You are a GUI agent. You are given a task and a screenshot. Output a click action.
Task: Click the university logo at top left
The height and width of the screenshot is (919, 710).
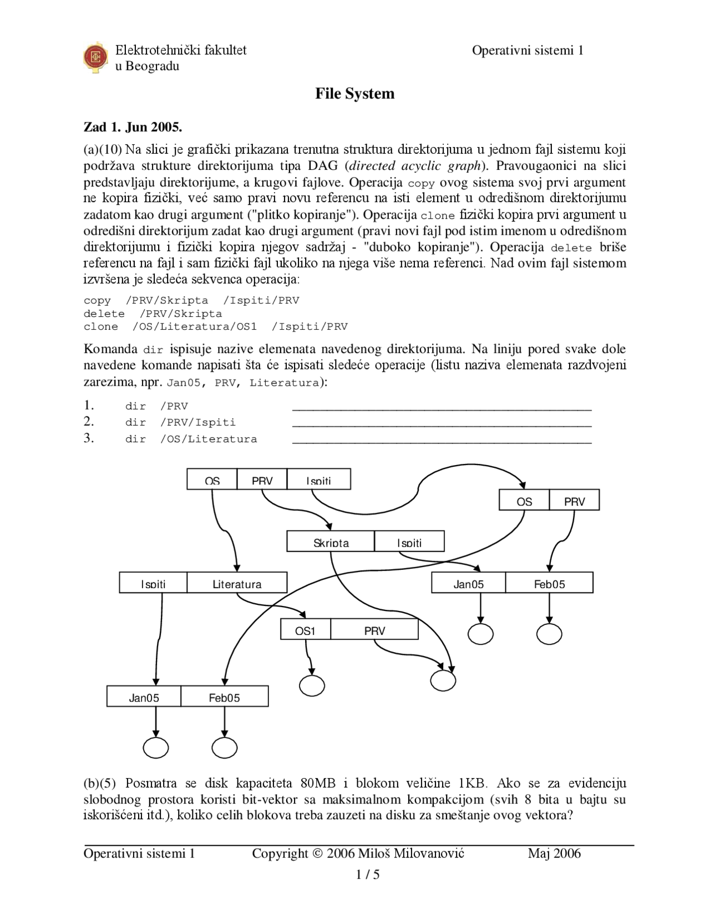click(x=95, y=57)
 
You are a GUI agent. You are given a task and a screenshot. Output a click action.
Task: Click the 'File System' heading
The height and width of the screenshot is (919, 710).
click(x=354, y=93)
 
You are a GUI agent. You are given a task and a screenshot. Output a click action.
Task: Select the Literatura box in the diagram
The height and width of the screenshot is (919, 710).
click(x=237, y=583)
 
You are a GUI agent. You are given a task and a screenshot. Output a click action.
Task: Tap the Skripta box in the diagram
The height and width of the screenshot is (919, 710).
click(x=331, y=542)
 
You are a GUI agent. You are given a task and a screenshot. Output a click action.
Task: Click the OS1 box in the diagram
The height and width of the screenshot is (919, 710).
click(x=305, y=630)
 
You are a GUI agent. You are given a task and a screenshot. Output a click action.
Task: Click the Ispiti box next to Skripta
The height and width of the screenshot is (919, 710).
click(x=409, y=542)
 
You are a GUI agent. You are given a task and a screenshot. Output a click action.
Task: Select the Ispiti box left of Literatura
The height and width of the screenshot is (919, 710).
click(x=153, y=583)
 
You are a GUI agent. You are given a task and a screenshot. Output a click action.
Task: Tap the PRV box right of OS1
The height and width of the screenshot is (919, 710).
click(x=374, y=630)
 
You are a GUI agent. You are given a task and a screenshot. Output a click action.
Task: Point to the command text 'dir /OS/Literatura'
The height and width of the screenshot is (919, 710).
click(x=191, y=439)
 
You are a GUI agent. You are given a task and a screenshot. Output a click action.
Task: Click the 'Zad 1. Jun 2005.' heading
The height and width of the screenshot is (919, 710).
click(x=133, y=127)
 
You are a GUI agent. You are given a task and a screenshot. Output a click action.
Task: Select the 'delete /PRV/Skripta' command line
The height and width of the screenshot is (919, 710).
click(x=153, y=314)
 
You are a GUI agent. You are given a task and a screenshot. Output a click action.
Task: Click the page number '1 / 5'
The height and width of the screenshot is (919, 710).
click(x=367, y=875)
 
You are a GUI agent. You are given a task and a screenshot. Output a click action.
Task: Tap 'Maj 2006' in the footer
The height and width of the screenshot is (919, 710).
click(x=554, y=853)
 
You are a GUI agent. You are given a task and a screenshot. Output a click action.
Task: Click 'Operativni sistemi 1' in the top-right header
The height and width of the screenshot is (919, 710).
click(x=528, y=51)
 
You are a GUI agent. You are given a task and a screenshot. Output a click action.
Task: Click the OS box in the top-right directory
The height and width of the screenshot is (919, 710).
click(x=524, y=501)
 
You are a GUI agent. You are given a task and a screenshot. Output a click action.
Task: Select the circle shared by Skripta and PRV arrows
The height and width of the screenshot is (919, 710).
click(x=443, y=680)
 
